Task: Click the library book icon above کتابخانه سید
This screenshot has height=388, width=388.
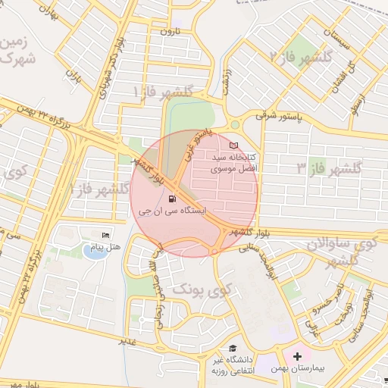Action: pos(233,145)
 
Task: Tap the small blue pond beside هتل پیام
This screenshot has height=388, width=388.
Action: pos(94,251)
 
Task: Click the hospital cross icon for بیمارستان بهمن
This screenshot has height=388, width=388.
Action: pos(297,355)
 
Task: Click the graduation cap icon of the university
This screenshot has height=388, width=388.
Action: pos(232,348)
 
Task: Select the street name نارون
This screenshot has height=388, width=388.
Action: pos(166,33)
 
